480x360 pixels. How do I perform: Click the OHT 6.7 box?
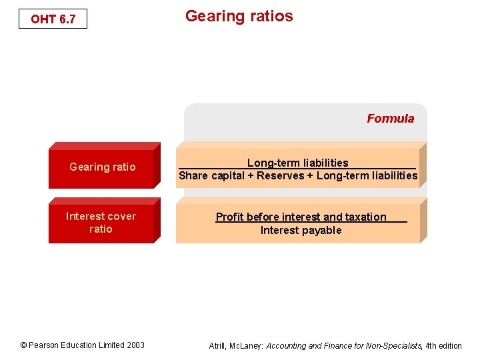tap(53, 19)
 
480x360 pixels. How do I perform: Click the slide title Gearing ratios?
tap(239, 16)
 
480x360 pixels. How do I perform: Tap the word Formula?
tap(390, 119)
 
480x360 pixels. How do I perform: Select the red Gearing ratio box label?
tap(102, 167)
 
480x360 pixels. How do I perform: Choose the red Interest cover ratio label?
tap(101, 223)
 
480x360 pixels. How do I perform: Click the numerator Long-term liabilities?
tap(297, 163)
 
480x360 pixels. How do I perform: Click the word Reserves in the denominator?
tap(280, 176)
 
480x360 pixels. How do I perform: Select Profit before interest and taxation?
tap(301, 217)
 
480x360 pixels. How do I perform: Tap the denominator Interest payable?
tap(301, 231)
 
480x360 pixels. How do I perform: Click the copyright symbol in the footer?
tap(23, 345)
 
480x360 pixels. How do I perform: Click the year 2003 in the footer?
tap(135, 345)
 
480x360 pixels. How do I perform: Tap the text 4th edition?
tap(443, 346)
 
